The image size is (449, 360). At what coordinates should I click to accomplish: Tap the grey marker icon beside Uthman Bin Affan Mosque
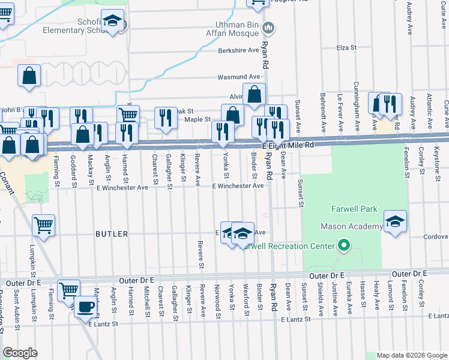click(x=269, y=28)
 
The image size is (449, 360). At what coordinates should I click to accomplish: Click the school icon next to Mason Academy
click(x=395, y=222)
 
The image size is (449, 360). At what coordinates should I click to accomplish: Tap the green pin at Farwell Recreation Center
click(x=343, y=246)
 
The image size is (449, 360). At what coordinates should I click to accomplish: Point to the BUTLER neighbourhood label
click(x=112, y=234)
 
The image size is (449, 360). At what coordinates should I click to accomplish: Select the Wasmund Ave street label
click(x=238, y=77)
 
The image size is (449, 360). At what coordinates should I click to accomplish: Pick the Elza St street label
click(x=347, y=47)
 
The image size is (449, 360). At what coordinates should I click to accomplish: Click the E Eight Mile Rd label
click(x=288, y=146)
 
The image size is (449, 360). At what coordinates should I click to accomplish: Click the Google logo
click(x=20, y=352)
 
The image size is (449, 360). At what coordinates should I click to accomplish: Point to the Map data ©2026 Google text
click(x=412, y=355)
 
